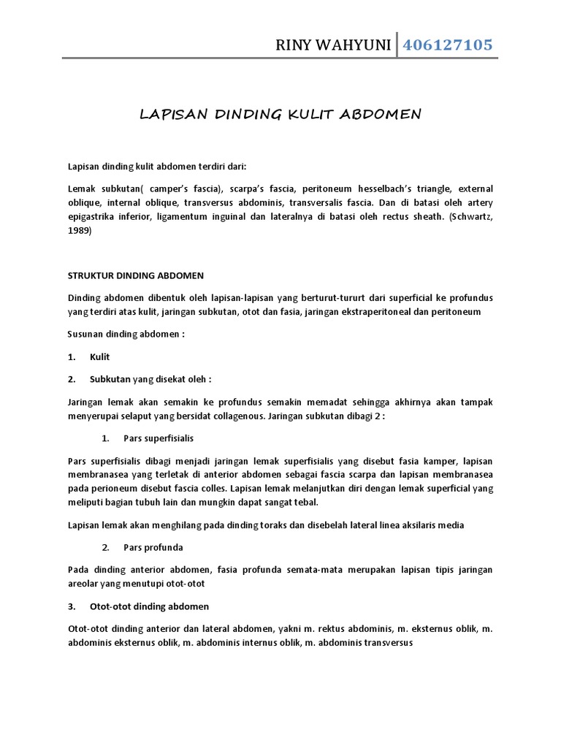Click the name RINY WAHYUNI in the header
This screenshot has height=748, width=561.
pos(332,45)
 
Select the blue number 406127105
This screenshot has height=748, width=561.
pos(446,45)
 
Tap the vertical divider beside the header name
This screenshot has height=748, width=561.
pos(396,45)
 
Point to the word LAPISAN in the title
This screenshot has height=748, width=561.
pos(170,114)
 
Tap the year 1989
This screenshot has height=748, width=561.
pos(80,230)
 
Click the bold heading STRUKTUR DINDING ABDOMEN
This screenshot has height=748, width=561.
pos(135,275)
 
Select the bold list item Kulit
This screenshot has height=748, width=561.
pos(100,356)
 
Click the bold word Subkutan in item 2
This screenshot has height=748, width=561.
pos(110,379)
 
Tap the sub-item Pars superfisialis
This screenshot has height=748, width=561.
pos(159,438)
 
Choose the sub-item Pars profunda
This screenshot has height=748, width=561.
pos(153,547)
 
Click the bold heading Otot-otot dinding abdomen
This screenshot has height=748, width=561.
pos(149,606)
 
